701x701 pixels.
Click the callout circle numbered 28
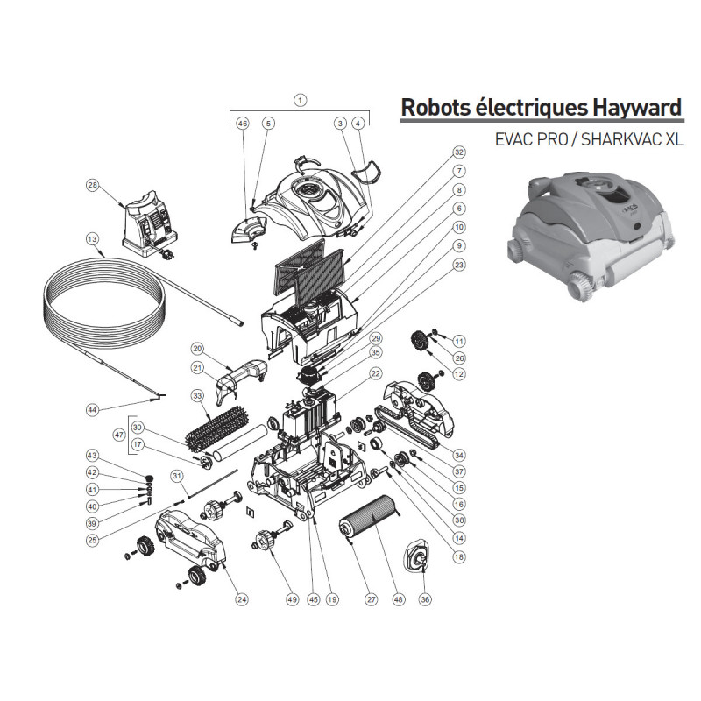coord(92,185)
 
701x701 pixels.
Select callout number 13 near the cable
coord(92,237)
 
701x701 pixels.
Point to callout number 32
coord(458,152)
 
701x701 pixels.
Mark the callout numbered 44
coord(91,409)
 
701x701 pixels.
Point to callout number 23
coord(458,263)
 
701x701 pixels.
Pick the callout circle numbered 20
coord(197,349)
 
